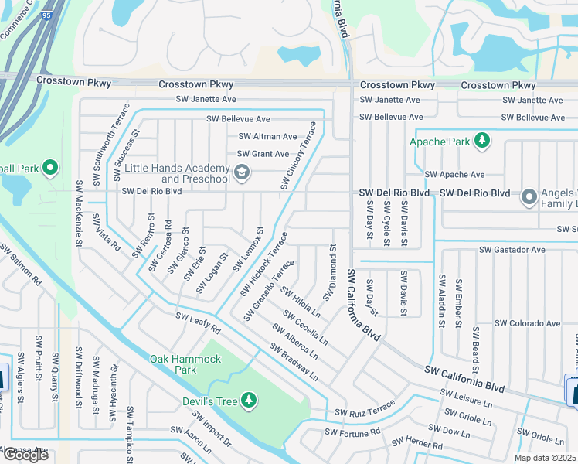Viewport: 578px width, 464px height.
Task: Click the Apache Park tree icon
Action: [x=482, y=140]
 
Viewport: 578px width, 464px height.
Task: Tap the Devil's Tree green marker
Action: [x=249, y=400]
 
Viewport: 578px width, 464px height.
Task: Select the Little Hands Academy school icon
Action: [x=241, y=172]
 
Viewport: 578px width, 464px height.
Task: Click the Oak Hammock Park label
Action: [x=185, y=364]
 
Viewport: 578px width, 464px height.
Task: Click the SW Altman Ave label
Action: [x=267, y=136]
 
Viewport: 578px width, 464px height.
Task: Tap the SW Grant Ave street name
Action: [x=263, y=154]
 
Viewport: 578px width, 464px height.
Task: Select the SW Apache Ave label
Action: [x=454, y=175]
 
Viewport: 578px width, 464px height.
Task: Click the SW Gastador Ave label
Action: [x=512, y=250]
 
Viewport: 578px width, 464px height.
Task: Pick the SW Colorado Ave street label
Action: [x=527, y=323]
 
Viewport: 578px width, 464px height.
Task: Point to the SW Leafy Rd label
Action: [x=198, y=322]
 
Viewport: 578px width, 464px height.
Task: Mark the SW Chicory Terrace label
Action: [x=298, y=155]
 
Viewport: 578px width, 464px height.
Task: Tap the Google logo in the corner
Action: [x=25, y=455]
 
